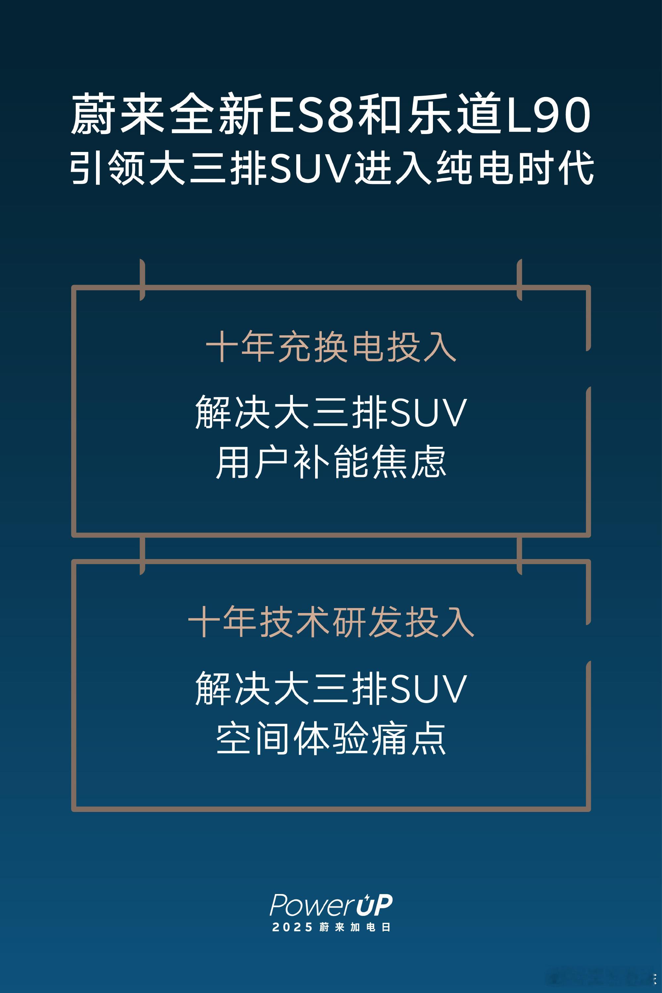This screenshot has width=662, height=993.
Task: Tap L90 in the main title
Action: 548,114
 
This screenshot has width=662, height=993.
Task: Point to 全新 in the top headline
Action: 217,114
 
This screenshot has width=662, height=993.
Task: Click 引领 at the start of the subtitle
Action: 109,167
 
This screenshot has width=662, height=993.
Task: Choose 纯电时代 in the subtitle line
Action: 515,167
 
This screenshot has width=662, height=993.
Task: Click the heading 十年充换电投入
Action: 331,347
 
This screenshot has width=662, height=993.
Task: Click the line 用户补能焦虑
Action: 331,461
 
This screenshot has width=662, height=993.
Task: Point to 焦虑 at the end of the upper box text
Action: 409,461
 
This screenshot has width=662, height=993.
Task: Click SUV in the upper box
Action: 429,413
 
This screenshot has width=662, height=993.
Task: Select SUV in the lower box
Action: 429,689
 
